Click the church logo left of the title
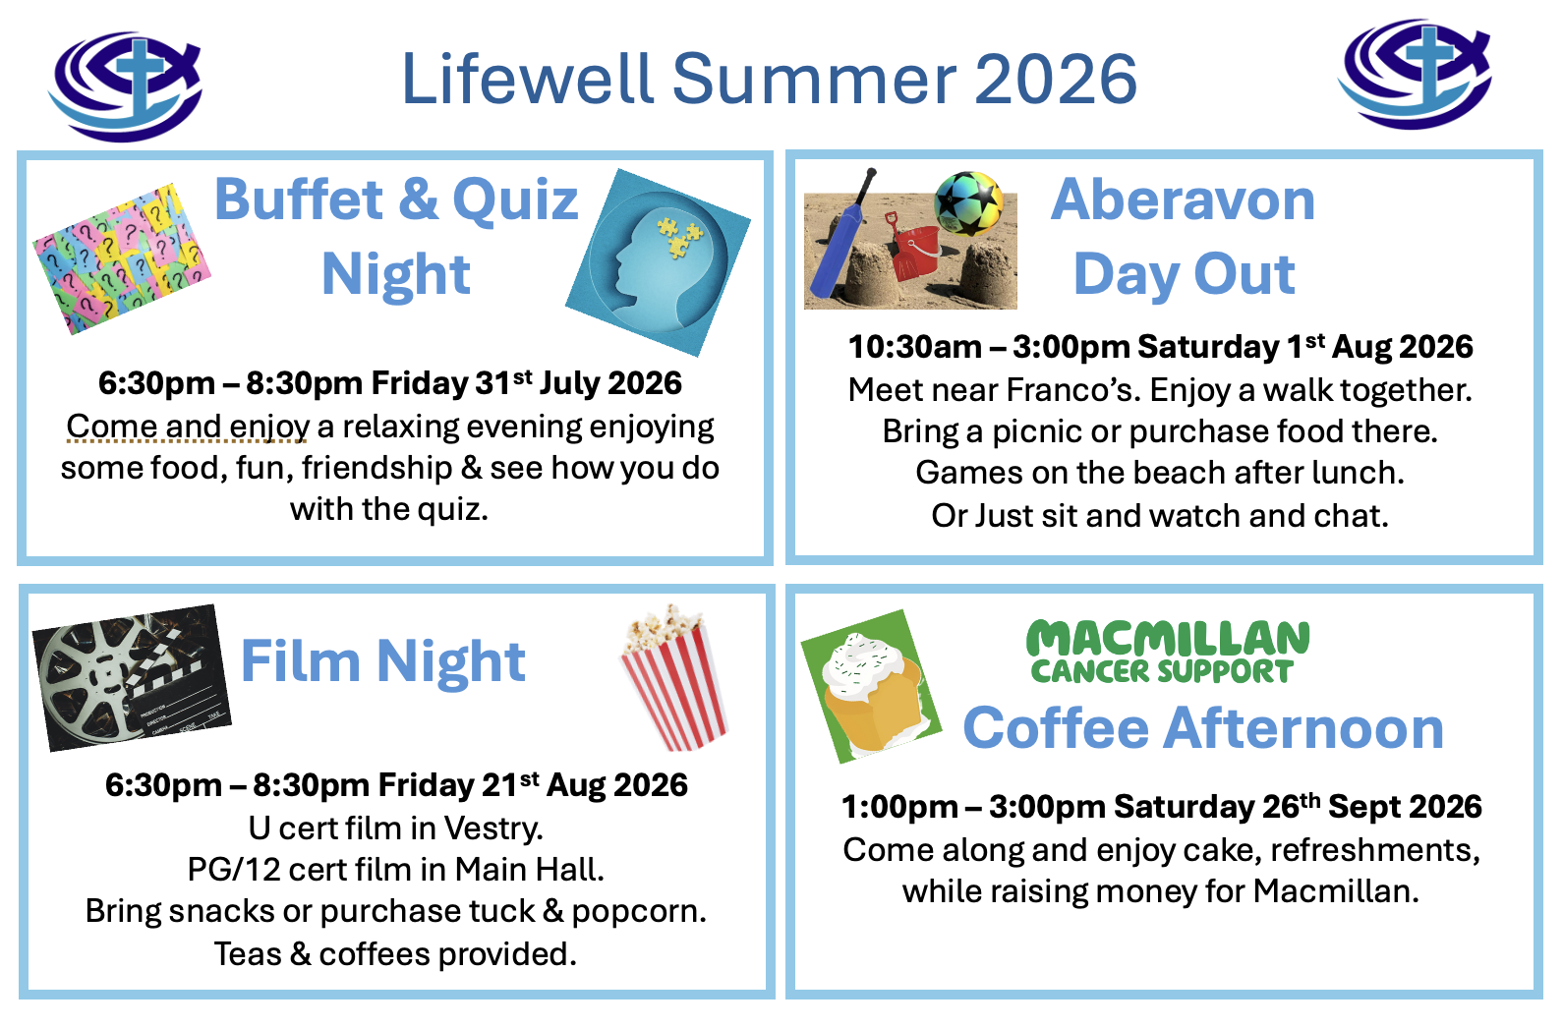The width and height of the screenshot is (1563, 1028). (x=126, y=86)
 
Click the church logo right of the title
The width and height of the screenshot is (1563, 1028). (x=1416, y=74)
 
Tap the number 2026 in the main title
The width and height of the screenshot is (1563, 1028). (x=1055, y=80)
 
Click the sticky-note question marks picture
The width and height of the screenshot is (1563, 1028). (x=122, y=258)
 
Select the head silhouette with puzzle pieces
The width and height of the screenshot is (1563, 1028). (x=658, y=262)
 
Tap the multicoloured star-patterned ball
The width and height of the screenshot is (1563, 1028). (x=968, y=203)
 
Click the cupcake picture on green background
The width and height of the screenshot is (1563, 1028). (x=871, y=686)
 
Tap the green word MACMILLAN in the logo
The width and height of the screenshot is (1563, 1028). (x=1168, y=638)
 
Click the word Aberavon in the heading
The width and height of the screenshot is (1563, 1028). (x=1183, y=200)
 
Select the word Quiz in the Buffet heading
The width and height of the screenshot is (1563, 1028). (x=515, y=200)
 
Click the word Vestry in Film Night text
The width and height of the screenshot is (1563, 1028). (x=493, y=828)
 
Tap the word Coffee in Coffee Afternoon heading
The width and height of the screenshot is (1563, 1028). (x=1056, y=728)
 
